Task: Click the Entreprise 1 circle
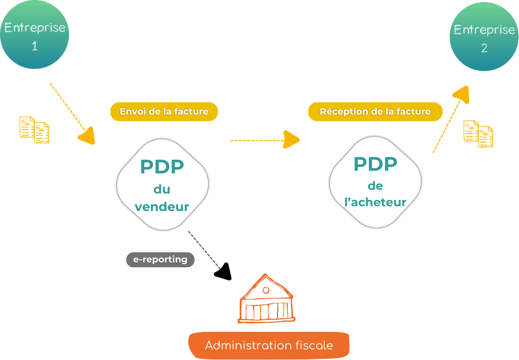pos(34,34)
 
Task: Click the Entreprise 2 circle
pos(485,37)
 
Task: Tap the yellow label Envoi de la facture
pos(164,111)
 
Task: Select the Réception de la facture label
pos(375,111)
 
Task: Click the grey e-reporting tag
pos(160,259)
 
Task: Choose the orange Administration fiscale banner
pos(269,345)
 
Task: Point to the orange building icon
pos(266,298)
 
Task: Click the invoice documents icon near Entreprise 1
pos(34,129)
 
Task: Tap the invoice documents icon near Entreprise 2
pos(478,134)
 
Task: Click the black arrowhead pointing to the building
pos(223,272)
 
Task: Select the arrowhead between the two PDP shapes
pos(291,139)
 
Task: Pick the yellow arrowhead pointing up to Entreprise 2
pos(462,94)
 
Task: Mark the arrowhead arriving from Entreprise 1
pos(87,136)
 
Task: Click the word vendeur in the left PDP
pos(162,207)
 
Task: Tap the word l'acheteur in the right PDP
pos(375,201)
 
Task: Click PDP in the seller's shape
pos(162,166)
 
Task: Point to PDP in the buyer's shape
pos(375,164)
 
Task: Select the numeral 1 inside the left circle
pos(34,46)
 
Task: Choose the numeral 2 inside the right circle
pos(485,48)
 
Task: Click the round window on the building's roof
pos(266,290)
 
